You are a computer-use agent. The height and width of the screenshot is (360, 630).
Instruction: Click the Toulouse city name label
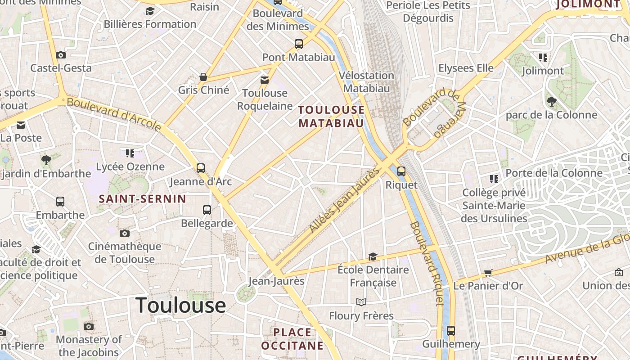tap(180, 305)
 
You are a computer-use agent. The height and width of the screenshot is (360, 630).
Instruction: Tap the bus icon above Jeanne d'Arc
tap(201, 168)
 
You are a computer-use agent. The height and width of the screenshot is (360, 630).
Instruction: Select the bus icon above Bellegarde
tap(207, 210)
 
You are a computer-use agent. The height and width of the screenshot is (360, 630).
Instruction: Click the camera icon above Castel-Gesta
tap(61, 55)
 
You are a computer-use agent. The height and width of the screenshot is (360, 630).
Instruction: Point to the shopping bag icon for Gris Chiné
tap(203, 77)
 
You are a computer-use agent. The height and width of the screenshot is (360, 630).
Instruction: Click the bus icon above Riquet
tap(401, 171)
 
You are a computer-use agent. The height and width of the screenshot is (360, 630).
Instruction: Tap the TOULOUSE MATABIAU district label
tap(331, 117)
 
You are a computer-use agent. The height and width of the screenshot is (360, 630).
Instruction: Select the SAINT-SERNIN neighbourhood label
tap(142, 199)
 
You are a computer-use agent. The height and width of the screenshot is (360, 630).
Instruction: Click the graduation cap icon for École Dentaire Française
tap(373, 256)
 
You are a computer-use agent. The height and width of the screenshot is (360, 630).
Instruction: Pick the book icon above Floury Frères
tap(361, 302)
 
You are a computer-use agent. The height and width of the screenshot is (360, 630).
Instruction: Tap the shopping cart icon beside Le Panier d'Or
tap(488, 273)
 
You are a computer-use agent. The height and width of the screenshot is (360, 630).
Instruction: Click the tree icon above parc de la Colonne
tap(551, 102)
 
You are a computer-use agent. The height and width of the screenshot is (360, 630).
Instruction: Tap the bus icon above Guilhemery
tap(451, 331)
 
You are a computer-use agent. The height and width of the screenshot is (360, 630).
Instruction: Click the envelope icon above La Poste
tap(21, 125)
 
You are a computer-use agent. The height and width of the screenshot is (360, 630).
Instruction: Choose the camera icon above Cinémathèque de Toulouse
tap(125, 233)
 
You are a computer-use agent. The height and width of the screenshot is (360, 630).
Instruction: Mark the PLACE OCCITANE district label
tap(292, 339)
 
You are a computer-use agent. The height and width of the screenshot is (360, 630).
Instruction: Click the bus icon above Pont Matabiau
tap(299, 44)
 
